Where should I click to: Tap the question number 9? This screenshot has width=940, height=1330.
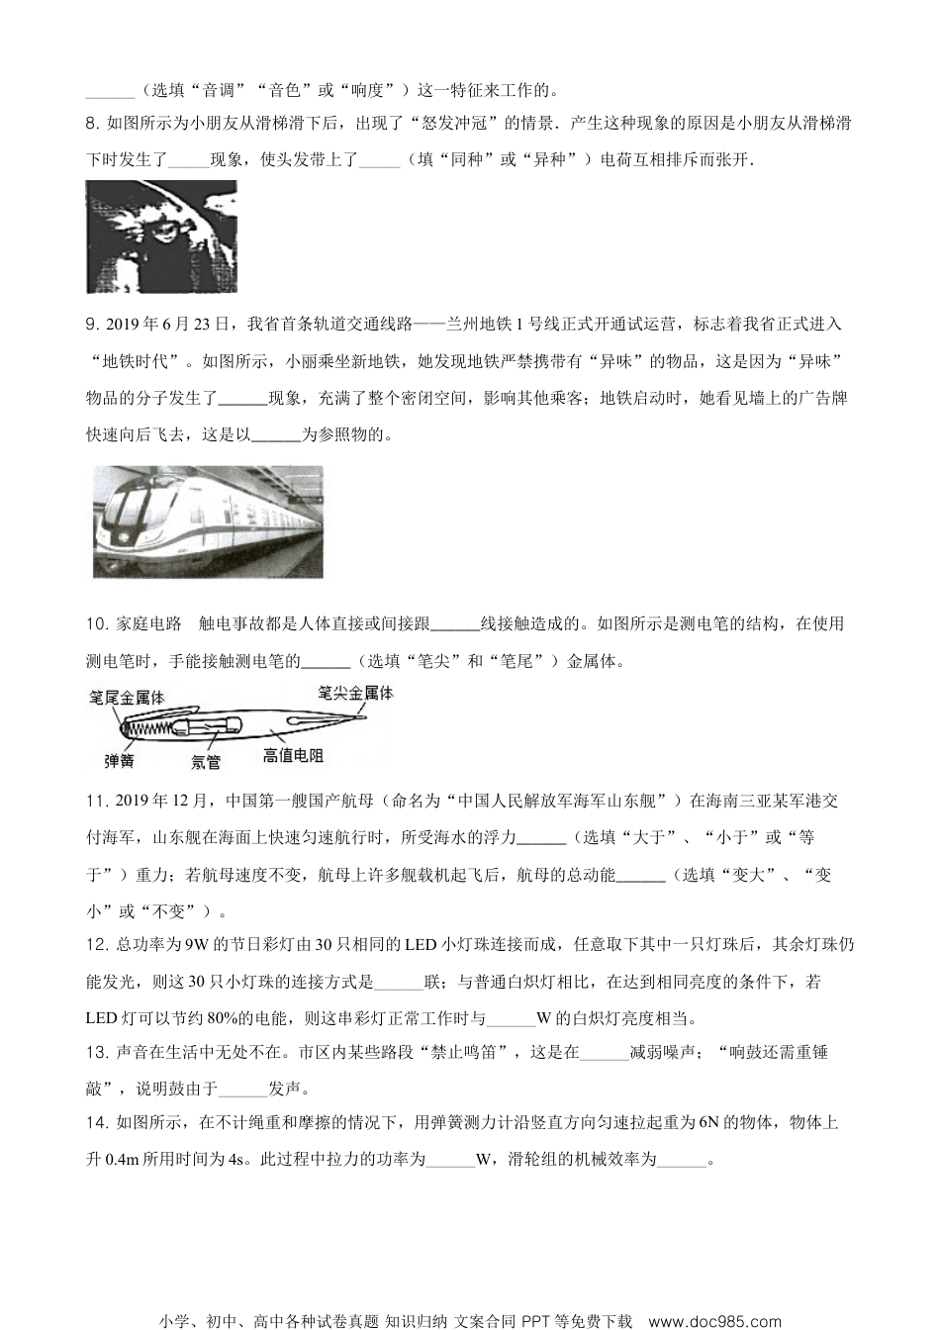[92, 324]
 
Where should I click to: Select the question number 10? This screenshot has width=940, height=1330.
[96, 623]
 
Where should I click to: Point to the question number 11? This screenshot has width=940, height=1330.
[96, 801]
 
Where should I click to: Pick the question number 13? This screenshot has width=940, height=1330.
[96, 1052]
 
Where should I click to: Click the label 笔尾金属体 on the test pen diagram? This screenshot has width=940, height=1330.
[127, 698]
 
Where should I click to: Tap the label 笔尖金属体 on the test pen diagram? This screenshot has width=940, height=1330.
[355, 693]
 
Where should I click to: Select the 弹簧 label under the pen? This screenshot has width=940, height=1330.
[120, 760]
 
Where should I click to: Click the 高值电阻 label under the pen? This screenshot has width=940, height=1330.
[293, 756]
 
